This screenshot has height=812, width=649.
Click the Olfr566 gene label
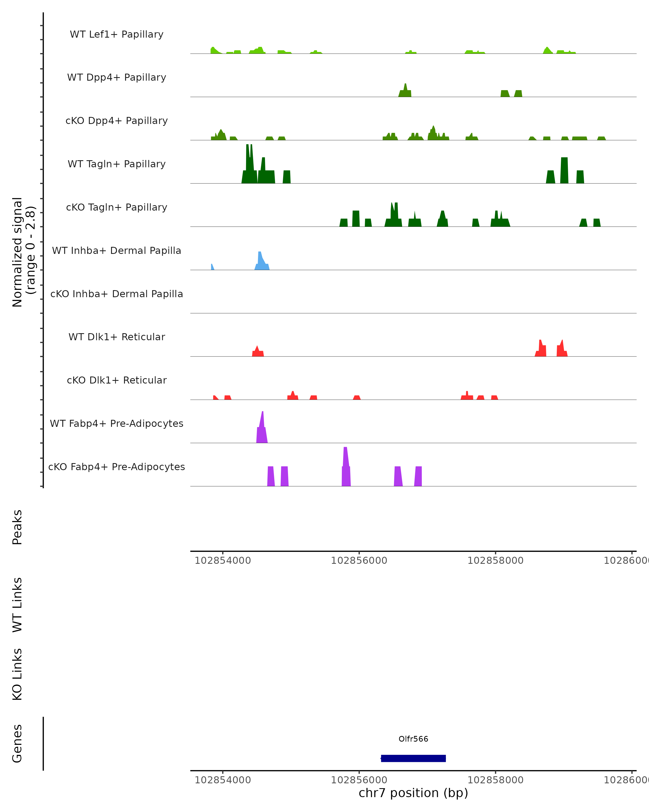pos(413,739)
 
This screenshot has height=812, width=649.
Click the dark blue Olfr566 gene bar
pos(413,758)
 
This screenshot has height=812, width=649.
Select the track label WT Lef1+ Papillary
pos(117,34)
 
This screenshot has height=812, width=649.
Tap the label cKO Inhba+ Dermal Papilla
pos(117,294)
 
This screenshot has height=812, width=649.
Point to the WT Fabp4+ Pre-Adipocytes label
pos(117,423)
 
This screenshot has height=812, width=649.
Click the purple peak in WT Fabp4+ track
pos(262,433)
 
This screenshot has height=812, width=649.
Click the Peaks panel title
pos(17,527)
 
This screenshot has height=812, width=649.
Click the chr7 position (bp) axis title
pos(413,793)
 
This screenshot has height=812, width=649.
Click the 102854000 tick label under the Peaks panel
pos(223,561)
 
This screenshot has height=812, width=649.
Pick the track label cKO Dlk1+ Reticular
pos(117,380)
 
